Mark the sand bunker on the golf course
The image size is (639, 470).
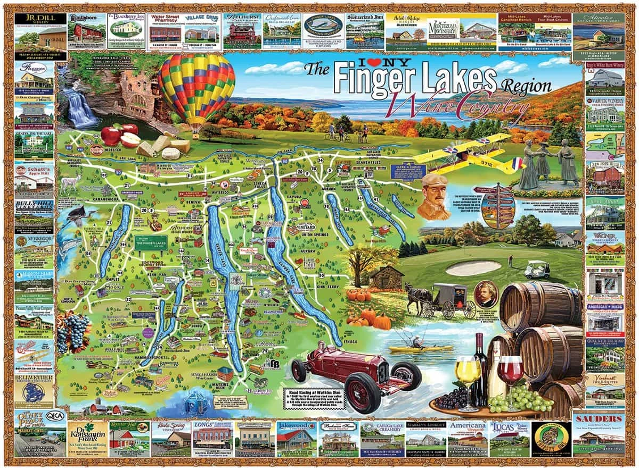point(473,267)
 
